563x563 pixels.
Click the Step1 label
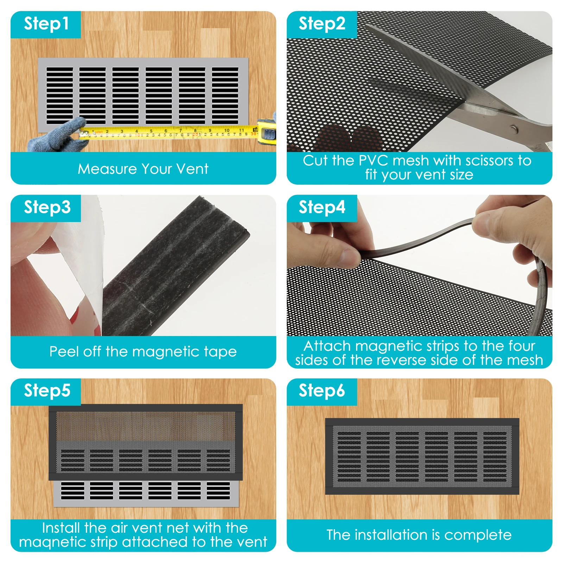click(x=46, y=24)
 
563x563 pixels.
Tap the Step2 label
click(x=322, y=24)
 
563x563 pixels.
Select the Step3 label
click(x=47, y=208)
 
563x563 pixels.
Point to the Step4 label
click(x=322, y=207)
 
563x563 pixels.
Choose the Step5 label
click(x=47, y=391)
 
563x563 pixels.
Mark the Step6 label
click(x=322, y=391)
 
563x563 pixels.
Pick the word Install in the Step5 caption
click(x=61, y=528)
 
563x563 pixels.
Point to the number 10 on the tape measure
click(x=227, y=130)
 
